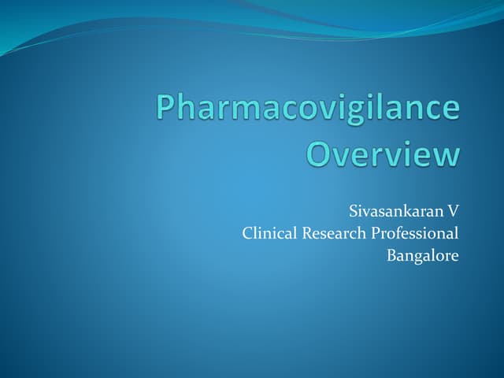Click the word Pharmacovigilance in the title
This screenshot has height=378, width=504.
[307, 109]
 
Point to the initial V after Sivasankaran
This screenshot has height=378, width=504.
[453, 212]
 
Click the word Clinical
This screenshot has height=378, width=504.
[268, 233]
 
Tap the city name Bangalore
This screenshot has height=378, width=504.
[422, 255]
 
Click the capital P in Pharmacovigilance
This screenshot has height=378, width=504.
[167, 109]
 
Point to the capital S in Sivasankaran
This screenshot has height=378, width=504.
[352, 212]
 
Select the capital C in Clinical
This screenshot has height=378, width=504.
[247, 233]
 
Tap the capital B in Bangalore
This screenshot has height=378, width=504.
[391, 255]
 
